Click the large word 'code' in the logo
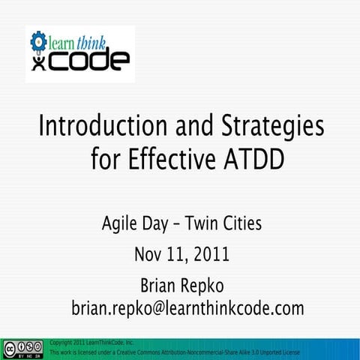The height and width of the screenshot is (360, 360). [86, 61]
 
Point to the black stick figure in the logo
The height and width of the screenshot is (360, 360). [38, 61]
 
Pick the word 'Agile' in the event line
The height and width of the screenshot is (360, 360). [121, 223]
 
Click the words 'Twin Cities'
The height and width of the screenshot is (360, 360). [223, 223]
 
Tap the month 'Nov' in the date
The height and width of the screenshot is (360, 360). [148, 255]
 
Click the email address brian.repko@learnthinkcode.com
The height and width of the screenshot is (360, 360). [187, 308]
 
